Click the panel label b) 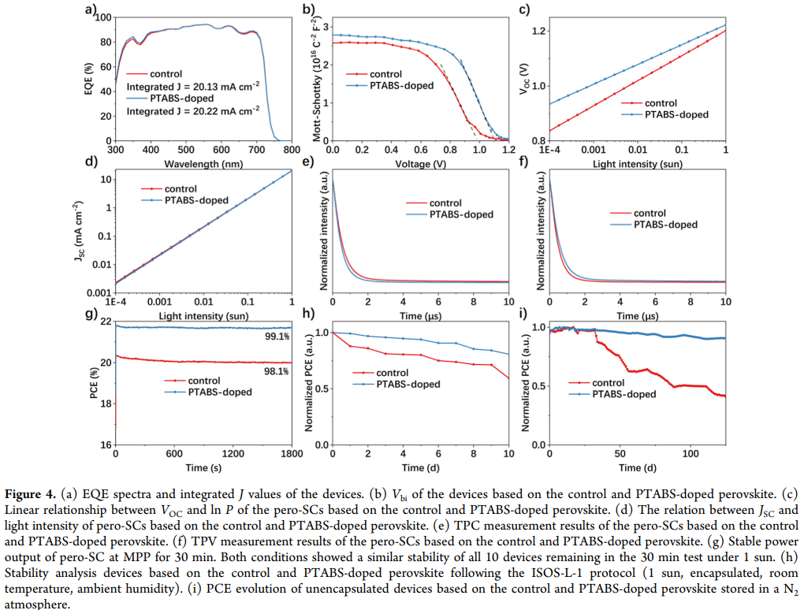click(x=309, y=9)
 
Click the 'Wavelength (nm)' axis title click(x=203, y=164)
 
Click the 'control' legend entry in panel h click(x=392, y=373)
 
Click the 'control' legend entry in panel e click(x=445, y=203)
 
